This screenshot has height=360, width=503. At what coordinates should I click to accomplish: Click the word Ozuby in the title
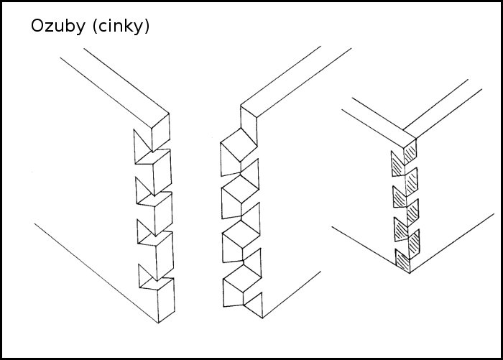[57, 26]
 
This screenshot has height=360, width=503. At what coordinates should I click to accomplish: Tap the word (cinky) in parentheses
[121, 26]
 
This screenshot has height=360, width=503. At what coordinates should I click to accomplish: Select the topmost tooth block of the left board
[160, 131]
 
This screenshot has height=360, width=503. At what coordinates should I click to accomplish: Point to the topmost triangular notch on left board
[141, 145]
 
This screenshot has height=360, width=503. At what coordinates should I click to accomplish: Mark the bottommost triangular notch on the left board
[146, 275]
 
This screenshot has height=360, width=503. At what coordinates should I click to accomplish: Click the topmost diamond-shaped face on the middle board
[239, 144]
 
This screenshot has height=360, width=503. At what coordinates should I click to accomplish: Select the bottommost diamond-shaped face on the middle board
[243, 278]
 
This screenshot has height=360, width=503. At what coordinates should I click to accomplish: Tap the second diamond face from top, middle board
[241, 189]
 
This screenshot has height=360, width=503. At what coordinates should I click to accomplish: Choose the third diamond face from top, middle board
[241, 234]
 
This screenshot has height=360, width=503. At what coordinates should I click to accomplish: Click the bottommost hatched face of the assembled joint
[403, 261]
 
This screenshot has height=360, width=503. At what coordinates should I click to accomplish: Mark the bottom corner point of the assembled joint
[410, 273]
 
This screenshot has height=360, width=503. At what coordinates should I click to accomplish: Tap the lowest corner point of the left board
[158, 323]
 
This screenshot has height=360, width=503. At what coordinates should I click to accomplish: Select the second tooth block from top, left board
[154, 172]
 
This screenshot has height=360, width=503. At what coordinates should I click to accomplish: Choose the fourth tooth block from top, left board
[156, 256]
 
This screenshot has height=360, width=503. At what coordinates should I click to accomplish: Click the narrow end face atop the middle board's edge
[249, 126]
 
